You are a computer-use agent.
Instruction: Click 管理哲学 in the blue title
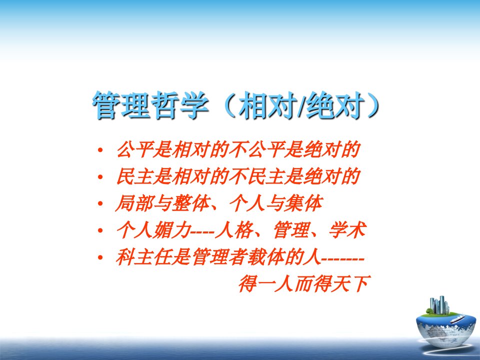click(x=150, y=105)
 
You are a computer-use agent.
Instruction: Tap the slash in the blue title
click(x=301, y=105)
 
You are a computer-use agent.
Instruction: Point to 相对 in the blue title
click(x=267, y=105)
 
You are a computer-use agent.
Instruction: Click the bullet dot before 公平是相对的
click(x=100, y=150)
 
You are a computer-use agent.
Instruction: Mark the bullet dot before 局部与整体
click(x=100, y=203)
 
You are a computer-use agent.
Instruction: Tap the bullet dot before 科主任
click(x=100, y=257)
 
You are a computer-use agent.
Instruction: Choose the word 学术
click(x=347, y=230)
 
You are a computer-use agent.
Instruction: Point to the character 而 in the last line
click(x=303, y=283)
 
